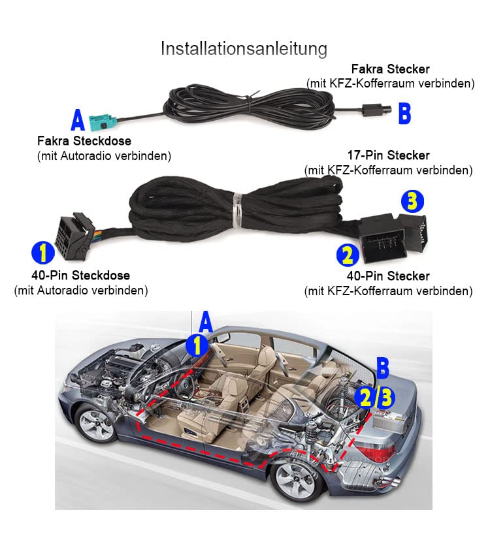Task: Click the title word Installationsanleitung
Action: [x=244, y=49]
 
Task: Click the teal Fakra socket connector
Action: [x=103, y=123]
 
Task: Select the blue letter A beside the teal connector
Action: [x=78, y=120]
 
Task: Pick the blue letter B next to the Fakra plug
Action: [x=404, y=113]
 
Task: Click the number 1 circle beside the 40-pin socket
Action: [x=43, y=253]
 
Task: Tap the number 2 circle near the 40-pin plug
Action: [x=348, y=255]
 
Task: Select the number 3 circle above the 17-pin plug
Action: [x=412, y=201]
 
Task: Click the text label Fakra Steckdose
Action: [x=84, y=141]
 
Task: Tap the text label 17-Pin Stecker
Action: [x=388, y=155]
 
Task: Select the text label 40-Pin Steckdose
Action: [x=81, y=275]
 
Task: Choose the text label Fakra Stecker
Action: [x=390, y=69]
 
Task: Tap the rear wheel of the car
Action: [x=295, y=481]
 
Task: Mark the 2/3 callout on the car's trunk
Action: [x=375, y=397]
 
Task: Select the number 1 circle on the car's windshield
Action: [x=197, y=345]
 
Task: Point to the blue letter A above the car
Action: [x=206, y=322]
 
